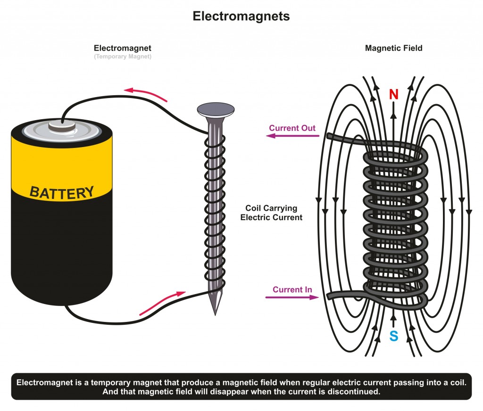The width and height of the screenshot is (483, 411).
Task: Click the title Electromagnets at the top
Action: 241,16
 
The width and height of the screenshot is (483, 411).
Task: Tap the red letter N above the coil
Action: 394,95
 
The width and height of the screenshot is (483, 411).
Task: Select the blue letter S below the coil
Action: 394,337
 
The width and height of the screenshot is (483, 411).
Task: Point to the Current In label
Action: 292,289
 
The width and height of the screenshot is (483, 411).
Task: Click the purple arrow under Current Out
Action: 293,136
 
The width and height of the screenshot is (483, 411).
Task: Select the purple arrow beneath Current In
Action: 292,298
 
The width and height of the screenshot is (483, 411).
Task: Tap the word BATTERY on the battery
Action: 62,192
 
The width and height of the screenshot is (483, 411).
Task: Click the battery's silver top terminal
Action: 62,126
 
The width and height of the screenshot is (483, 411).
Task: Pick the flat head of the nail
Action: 216,111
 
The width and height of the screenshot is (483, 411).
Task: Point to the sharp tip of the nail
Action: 216,311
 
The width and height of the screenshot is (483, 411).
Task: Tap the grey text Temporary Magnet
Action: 123,57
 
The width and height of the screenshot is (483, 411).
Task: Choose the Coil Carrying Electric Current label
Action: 271,213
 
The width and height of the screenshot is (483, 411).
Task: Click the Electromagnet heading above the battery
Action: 123,48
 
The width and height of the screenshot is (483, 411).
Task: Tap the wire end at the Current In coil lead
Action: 328,297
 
